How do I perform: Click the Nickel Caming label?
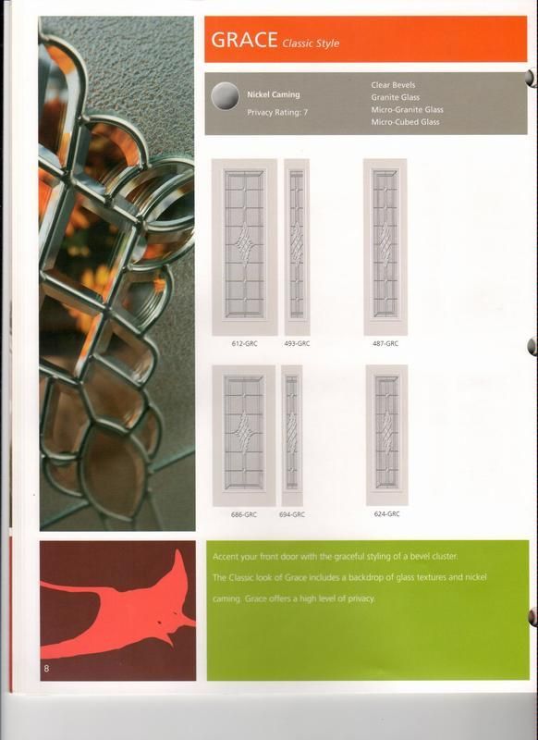[x=273, y=94]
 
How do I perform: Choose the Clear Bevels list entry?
[x=393, y=85]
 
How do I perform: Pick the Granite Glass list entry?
[x=395, y=97]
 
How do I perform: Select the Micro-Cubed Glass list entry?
[x=405, y=121]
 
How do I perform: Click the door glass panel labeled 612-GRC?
[x=244, y=245]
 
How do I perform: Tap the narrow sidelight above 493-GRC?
[x=296, y=245]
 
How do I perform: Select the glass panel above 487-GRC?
[x=385, y=245]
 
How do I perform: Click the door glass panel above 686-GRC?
[x=244, y=435]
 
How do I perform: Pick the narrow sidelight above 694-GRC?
[x=292, y=435]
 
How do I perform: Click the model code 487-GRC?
[x=385, y=343]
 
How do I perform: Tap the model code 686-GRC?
[x=244, y=513]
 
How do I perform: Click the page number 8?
[x=44, y=667]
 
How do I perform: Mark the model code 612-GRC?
[x=244, y=343]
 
